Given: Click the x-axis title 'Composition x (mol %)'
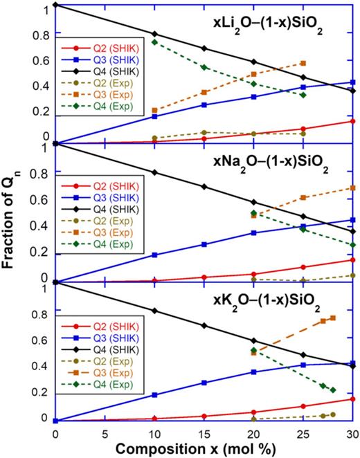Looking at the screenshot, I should point(204,448).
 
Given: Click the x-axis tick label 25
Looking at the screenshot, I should point(303,433).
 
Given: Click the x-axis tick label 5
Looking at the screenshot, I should point(105,433).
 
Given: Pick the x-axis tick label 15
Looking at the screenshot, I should point(204,433).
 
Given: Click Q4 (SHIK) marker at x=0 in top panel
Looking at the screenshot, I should point(55,6).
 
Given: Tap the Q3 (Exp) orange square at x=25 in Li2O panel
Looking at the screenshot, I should point(303,63).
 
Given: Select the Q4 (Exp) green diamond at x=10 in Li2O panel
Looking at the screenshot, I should point(154,42).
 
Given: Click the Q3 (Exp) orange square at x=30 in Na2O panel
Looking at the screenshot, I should point(353,187).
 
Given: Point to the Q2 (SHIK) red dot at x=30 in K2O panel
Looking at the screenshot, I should point(353,399).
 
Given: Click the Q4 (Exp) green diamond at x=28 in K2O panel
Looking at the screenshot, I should point(333,390).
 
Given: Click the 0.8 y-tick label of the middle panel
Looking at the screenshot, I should point(41,173).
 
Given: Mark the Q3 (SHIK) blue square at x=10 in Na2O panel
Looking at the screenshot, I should point(154,255).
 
